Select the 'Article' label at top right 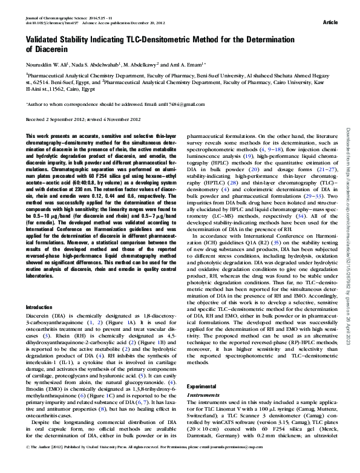pyautogui.click(x=330, y=22)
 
